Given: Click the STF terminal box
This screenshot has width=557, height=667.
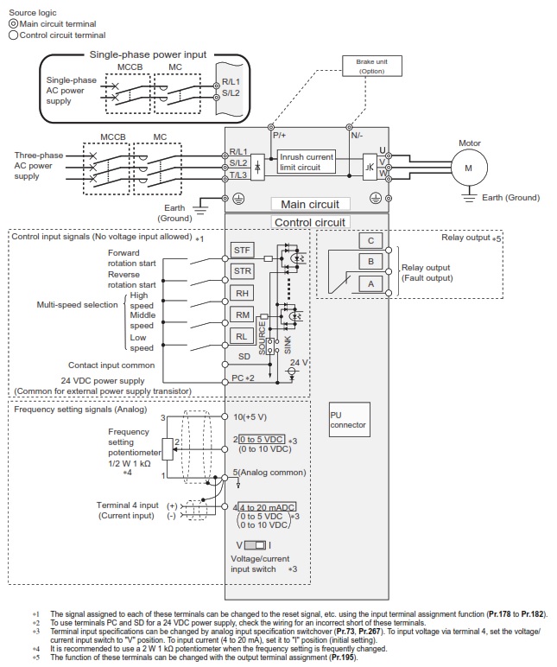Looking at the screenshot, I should click(244, 250).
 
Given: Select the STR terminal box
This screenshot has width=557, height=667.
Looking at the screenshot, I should click(244, 271).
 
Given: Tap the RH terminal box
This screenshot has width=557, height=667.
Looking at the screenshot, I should click(244, 294).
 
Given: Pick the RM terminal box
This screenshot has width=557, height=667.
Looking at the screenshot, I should click(244, 315).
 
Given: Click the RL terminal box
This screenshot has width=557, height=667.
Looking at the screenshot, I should click(244, 337).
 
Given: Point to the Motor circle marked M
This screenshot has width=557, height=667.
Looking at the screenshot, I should click(468, 168).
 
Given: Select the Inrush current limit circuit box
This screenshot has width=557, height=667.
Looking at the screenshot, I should click(307, 162).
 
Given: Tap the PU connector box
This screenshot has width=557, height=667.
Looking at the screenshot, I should click(348, 420).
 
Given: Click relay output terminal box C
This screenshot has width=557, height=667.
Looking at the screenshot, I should click(370, 241).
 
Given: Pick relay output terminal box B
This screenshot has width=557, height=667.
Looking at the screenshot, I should click(370, 261).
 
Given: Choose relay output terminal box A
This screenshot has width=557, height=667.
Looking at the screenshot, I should click(370, 283).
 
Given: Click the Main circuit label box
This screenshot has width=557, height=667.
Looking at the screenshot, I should click(310, 204).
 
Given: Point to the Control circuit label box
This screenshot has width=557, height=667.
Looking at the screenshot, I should click(309, 222).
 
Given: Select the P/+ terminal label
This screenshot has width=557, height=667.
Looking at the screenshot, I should click(280, 136).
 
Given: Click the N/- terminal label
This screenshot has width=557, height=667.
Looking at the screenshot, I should click(358, 136).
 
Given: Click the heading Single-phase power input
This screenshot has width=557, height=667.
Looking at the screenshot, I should click(149, 54).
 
